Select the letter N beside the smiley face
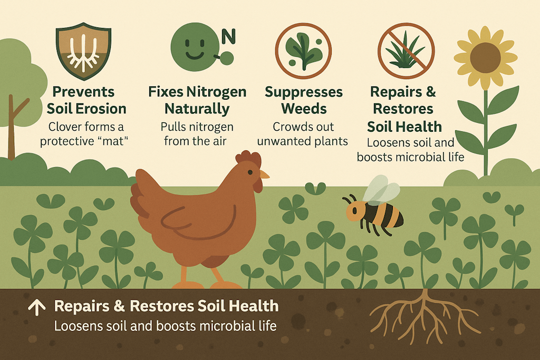click(x=228, y=36)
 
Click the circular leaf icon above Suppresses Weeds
click(x=303, y=49)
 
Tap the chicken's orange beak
click(x=264, y=174)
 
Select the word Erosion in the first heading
click(x=100, y=109)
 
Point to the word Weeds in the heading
click(x=303, y=109)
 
